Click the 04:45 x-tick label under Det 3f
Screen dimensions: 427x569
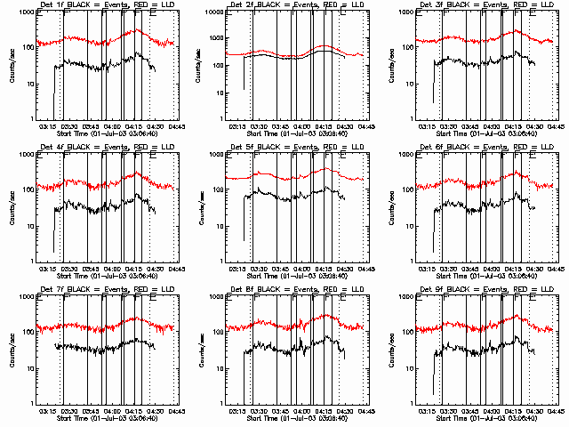click(x=556, y=127)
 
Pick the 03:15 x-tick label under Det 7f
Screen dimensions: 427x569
click(x=48, y=412)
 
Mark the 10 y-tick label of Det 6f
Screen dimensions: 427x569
click(x=413, y=227)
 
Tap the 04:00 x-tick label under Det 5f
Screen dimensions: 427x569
click(x=302, y=270)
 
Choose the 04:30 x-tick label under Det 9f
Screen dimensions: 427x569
click(x=535, y=412)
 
